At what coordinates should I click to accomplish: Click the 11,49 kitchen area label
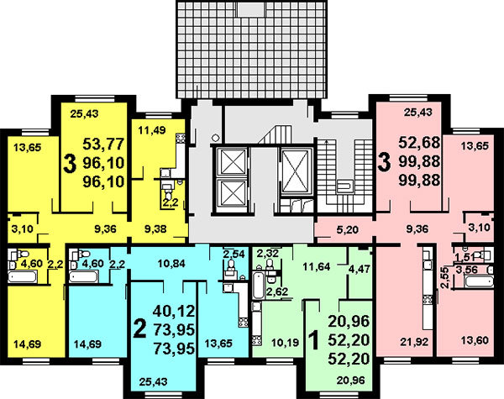(152, 130)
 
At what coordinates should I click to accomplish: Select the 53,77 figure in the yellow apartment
(103, 144)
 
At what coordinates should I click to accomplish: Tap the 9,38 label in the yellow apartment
(156, 228)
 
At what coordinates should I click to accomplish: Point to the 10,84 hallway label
(171, 264)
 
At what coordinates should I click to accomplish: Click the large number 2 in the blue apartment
(140, 329)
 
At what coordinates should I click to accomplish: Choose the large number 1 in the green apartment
(313, 341)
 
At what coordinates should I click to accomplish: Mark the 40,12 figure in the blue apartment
(174, 311)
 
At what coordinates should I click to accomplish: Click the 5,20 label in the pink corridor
(348, 229)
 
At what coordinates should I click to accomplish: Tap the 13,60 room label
(475, 340)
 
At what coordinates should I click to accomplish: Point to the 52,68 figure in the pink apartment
(419, 142)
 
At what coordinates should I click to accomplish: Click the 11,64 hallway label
(317, 266)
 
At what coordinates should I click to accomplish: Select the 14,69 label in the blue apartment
(87, 344)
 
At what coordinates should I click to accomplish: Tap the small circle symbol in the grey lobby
(215, 137)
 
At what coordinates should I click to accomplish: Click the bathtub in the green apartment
(258, 286)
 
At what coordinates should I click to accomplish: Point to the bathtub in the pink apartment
(479, 282)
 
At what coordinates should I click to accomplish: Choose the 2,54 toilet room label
(234, 254)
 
